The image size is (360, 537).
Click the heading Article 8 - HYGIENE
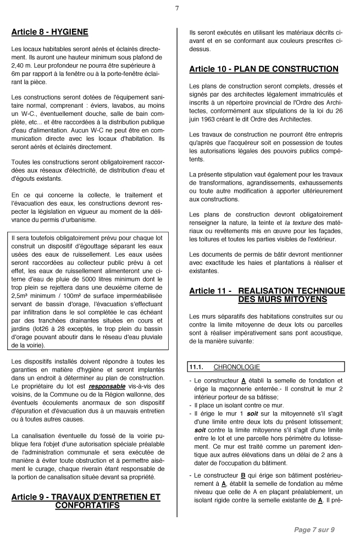[x=49, y=32]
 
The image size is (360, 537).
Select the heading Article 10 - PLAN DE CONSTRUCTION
[x=263, y=69]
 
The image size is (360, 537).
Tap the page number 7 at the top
[x=177, y=8]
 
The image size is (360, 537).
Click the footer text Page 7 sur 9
[x=314, y=529]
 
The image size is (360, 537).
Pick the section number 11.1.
[x=196, y=367]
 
